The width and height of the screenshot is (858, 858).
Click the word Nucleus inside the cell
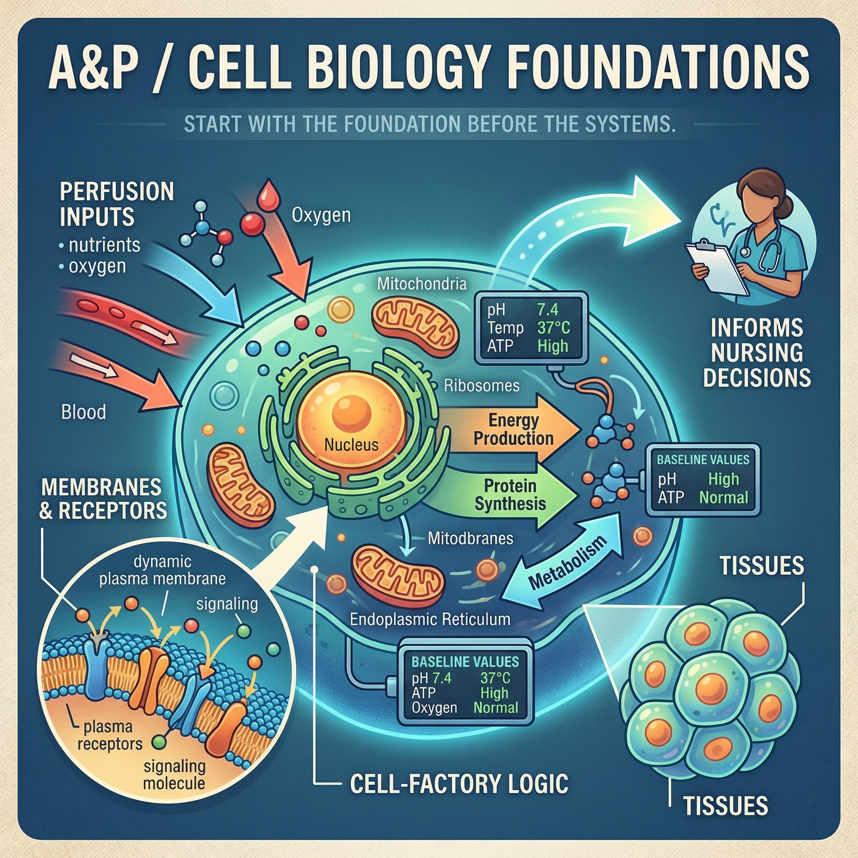(351, 445)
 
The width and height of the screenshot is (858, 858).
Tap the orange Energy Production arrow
(511, 429)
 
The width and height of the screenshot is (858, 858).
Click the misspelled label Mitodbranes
(470, 539)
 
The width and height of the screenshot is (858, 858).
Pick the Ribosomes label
(482, 385)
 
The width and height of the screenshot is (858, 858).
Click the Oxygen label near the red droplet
(321, 215)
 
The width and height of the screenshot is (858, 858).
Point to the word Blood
(83, 413)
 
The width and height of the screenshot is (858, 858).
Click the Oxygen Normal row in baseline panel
(465, 708)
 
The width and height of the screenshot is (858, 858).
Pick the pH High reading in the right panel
(702, 479)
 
